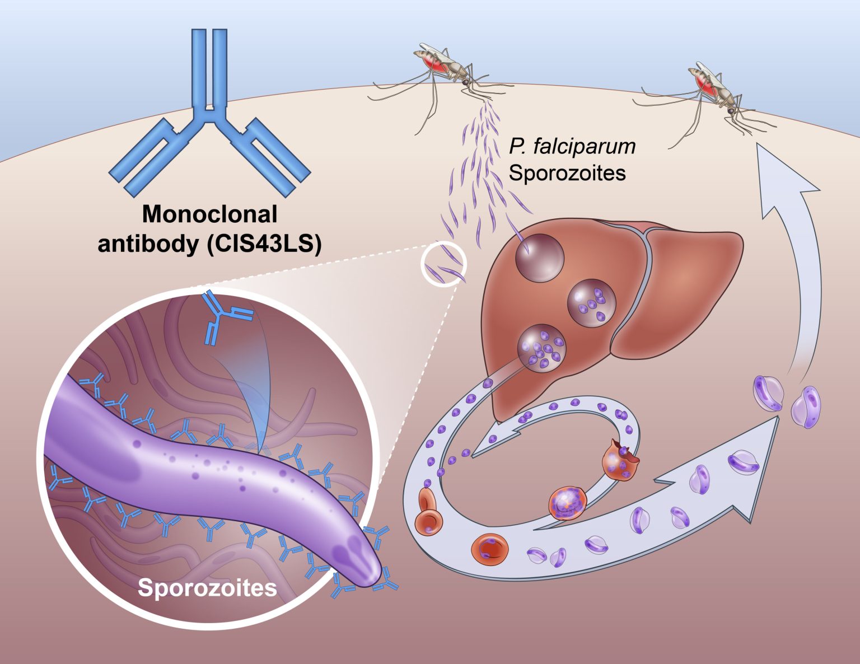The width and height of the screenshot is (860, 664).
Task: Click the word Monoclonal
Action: pyautogui.click(x=210, y=215)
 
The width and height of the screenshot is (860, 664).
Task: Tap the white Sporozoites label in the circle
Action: pyautogui.click(x=207, y=588)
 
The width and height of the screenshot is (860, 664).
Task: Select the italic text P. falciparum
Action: pyautogui.click(x=572, y=147)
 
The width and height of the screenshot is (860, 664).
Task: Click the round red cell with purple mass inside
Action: pyautogui.click(x=567, y=503)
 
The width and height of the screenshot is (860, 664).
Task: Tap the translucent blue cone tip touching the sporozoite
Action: pyautogui.click(x=260, y=453)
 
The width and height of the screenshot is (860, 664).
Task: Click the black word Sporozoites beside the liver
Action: pyautogui.click(x=567, y=174)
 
